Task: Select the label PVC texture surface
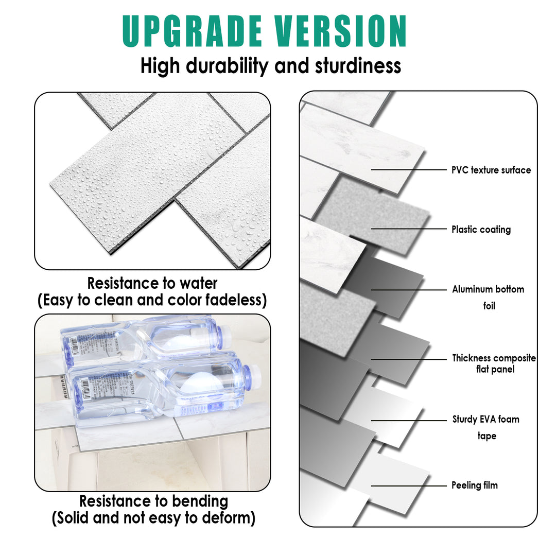491,170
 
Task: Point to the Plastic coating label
481,230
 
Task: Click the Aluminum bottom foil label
488,297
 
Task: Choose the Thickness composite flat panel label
494,363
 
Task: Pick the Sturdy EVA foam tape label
485,427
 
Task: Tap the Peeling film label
474,485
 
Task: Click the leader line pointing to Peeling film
409,485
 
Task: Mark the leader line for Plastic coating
409,229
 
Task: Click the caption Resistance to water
152,283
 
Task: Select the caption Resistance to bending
153,501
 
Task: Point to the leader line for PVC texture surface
409,169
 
